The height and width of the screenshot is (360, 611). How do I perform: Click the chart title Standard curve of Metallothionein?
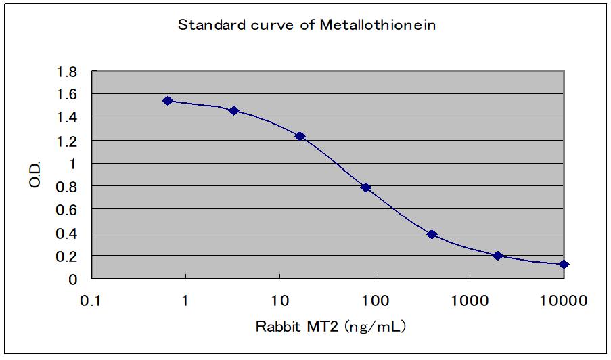[x=306, y=26]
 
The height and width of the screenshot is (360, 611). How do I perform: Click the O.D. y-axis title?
[x=36, y=175]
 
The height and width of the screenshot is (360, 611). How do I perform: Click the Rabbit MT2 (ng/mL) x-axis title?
[x=330, y=327]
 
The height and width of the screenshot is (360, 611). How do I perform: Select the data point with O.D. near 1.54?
[x=168, y=101]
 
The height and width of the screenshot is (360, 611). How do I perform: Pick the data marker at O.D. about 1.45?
[x=233, y=110]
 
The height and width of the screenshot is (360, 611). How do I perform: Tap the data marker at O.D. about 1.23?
[x=300, y=136]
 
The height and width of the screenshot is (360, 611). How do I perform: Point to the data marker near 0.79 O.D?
[x=366, y=187]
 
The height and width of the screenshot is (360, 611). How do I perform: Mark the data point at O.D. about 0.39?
[x=432, y=234]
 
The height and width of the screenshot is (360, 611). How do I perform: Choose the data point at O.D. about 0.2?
[x=498, y=256]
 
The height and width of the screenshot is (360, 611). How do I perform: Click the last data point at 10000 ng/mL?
[x=564, y=264]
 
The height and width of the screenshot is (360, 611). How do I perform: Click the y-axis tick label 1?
[x=74, y=164]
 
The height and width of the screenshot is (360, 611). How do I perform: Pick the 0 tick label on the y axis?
[x=74, y=279]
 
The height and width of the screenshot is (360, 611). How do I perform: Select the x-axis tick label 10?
[x=279, y=300]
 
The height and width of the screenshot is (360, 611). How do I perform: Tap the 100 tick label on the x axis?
[x=374, y=300]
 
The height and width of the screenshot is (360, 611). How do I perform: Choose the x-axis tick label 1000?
[x=469, y=300]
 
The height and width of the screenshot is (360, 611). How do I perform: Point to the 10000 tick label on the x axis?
[x=563, y=300]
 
